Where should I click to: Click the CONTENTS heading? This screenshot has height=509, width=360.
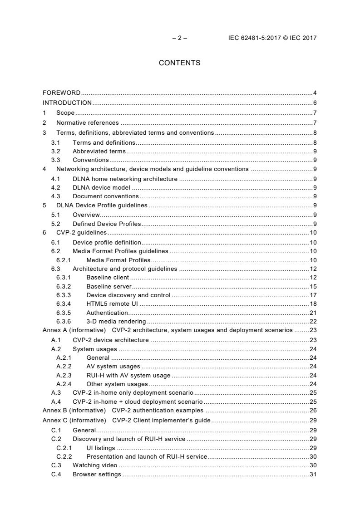(x=179, y=63)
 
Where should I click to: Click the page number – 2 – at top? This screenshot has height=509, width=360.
(x=180, y=38)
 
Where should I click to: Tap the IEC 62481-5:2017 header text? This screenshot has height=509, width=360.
(x=272, y=38)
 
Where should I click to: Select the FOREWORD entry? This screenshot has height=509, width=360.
(x=62, y=93)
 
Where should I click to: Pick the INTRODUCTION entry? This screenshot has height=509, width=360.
(x=67, y=103)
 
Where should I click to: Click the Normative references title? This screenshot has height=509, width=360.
(x=88, y=122)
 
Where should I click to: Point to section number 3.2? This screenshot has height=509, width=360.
(x=55, y=151)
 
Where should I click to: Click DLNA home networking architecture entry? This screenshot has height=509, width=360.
(x=125, y=179)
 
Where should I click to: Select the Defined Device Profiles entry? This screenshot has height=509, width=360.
(x=107, y=224)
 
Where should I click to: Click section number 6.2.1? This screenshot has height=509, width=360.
(x=64, y=260)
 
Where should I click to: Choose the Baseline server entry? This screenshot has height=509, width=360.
(x=109, y=286)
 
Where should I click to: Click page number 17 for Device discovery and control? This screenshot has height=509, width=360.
(x=313, y=295)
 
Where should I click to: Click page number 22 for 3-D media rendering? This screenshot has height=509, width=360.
(x=313, y=321)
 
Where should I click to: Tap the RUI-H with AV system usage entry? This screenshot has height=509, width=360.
(x=128, y=375)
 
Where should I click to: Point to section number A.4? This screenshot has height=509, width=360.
(x=56, y=401)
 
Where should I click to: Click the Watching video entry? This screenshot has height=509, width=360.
(x=95, y=465)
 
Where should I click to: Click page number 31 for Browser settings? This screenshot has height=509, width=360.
(x=313, y=475)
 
